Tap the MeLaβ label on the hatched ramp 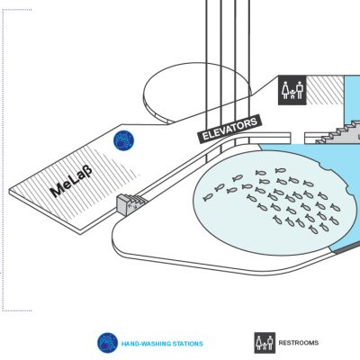point(71,181)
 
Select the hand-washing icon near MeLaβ point(123,140)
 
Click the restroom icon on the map point(292,90)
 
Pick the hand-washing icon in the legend point(107,343)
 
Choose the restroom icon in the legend point(265,343)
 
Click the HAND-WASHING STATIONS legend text point(162,344)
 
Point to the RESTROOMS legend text point(299,343)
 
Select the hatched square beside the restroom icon point(325,90)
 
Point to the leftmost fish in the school point(208,197)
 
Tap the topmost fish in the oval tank point(281,170)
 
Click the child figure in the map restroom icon point(292,94)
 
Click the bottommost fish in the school point(313,229)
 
